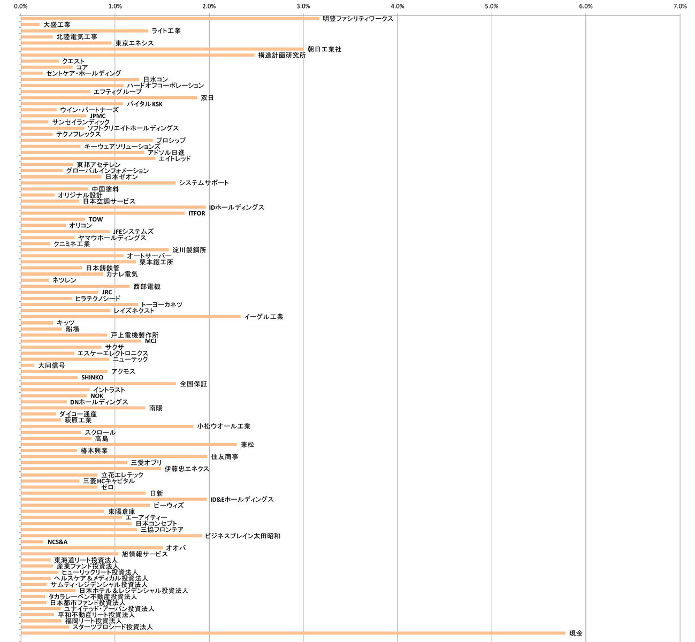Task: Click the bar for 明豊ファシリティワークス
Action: pos(170,18)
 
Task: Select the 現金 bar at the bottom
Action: pos(293,633)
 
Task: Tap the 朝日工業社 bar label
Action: pos(324,49)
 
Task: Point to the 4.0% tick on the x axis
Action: pos(398,6)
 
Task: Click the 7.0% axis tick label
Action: pos(679,6)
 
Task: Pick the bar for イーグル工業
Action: pos(131,317)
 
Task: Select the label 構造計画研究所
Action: pos(282,55)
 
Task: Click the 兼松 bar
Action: pos(128,444)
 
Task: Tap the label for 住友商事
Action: pos(225,456)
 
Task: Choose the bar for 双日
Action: pos(109,97)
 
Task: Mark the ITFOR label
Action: pos(197,213)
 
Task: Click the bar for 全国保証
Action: pos(98,384)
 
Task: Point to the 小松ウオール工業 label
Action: pos(224,426)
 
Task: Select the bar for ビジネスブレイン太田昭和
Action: pos(111,536)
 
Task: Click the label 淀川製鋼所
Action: pos(189,250)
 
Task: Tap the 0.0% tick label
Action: pos(21,6)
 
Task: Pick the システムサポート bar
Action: pos(98,182)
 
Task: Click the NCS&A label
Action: pos(58,542)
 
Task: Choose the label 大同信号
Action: pos(51,365)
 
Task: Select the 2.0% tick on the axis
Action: pos(209,6)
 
